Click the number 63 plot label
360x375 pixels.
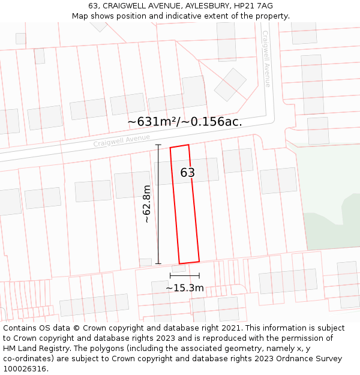(187, 173)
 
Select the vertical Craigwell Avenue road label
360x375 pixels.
(266, 59)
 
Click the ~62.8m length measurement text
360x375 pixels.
(146, 204)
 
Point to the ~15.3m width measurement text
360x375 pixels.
(185, 288)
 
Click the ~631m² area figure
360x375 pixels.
(150, 122)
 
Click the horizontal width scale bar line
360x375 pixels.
(185, 275)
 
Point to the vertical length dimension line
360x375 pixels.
(158, 204)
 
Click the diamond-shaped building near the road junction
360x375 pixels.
(230, 85)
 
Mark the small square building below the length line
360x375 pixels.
(145, 262)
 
